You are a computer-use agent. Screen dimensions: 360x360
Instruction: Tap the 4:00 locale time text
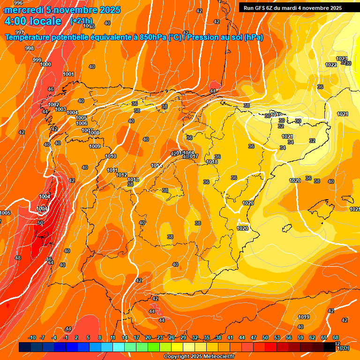point(33,21)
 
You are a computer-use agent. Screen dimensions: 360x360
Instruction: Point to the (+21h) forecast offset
point(81,21)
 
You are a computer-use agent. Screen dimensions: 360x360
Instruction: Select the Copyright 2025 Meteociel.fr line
point(199,356)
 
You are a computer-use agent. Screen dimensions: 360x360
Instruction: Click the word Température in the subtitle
point(29,37)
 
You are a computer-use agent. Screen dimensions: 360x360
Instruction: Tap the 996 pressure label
point(18,3)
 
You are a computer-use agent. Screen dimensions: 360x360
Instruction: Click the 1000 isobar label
point(45,65)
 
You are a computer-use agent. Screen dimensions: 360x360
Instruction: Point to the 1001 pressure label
point(68,74)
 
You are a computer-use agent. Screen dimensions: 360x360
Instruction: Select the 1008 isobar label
point(94,133)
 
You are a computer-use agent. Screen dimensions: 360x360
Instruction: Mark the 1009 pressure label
point(95,146)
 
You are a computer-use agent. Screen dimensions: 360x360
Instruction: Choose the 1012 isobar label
point(121,175)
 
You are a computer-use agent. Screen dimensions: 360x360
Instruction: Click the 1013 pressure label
point(133,180)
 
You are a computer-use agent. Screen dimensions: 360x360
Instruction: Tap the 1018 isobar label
point(212,162)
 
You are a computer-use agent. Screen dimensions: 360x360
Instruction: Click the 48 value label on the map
point(18,258)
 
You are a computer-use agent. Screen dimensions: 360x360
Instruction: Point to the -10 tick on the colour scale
point(32,337)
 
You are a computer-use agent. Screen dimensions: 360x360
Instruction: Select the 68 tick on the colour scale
point(336,337)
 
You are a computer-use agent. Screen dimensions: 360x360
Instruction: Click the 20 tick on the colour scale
point(148,337)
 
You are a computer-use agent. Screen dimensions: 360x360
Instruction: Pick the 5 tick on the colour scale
point(89,337)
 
